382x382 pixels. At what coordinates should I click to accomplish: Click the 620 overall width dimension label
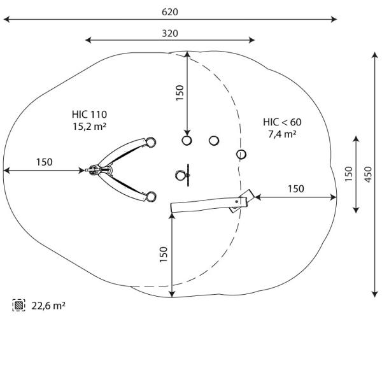click(x=169, y=12)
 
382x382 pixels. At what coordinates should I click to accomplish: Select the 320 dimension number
click(x=169, y=33)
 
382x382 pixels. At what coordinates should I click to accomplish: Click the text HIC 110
click(x=89, y=115)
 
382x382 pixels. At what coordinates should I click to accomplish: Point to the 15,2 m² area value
click(x=89, y=126)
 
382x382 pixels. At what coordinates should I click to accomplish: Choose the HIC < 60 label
click(x=282, y=122)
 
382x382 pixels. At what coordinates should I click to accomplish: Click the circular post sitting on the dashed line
click(x=241, y=154)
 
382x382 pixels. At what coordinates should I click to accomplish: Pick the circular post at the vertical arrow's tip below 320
click(x=187, y=140)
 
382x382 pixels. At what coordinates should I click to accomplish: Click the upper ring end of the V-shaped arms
click(x=150, y=141)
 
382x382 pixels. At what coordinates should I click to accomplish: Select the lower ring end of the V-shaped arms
click(x=150, y=197)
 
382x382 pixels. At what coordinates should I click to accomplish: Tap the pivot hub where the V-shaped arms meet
click(x=96, y=170)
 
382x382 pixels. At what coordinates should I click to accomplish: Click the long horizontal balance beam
click(x=204, y=204)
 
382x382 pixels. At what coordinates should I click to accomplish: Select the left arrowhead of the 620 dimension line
click(x=6, y=20)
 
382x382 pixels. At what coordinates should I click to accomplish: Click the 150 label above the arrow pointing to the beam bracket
click(x=295, y=188)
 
